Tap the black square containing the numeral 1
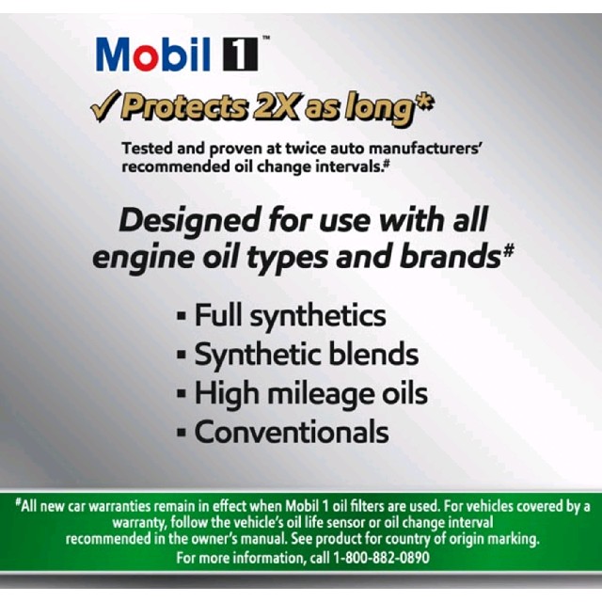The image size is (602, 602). [x=241, y=55]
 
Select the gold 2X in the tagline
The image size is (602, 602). [x=276, y=106]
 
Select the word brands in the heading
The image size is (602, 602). [x=450, y=257]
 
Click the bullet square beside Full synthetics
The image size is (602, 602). [x=182, y=316]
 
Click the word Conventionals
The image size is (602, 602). [x=292, y=432]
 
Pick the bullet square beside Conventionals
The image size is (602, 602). [x=182, y=433]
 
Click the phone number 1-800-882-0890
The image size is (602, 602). [x=381, y=557]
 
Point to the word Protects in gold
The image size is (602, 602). [x=184, y=106]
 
